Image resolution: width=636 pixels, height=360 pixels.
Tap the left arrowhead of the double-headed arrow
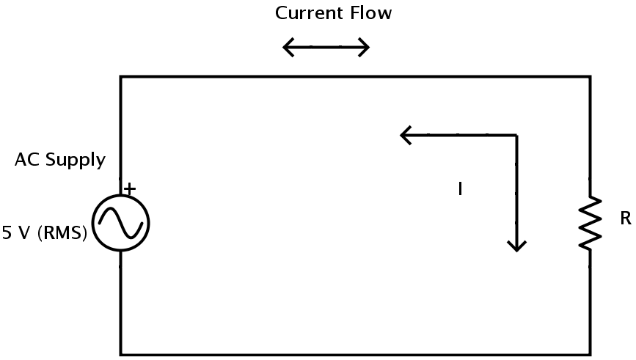[x=288, y=48]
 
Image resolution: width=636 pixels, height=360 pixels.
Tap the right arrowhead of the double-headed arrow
[x=365, y=48]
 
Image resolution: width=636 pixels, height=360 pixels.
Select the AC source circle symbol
[x=121, y=223]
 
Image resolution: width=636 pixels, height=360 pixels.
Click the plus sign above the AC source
[x=130, y=189]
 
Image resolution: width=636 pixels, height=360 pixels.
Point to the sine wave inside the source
[x=121, y=223]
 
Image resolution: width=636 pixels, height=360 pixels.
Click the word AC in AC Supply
[x=26, y=161]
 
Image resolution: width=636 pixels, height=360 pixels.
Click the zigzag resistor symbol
[x=590, y=223]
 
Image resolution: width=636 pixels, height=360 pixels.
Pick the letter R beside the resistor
[x=625, y=219]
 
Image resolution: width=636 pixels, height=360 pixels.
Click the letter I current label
[x=460, y=189]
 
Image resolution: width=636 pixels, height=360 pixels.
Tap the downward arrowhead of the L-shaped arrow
[x=517, y=246]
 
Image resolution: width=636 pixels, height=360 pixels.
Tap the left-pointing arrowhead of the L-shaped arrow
[x=405, y=135]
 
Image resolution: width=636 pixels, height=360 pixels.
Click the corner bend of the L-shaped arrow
[x=517, y=135]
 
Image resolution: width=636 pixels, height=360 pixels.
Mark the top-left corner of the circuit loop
[x=121, y=76]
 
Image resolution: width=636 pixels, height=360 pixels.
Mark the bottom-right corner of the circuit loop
[x=590, y=355]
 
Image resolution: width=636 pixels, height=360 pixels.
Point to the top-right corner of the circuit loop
[x=590, y=76]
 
